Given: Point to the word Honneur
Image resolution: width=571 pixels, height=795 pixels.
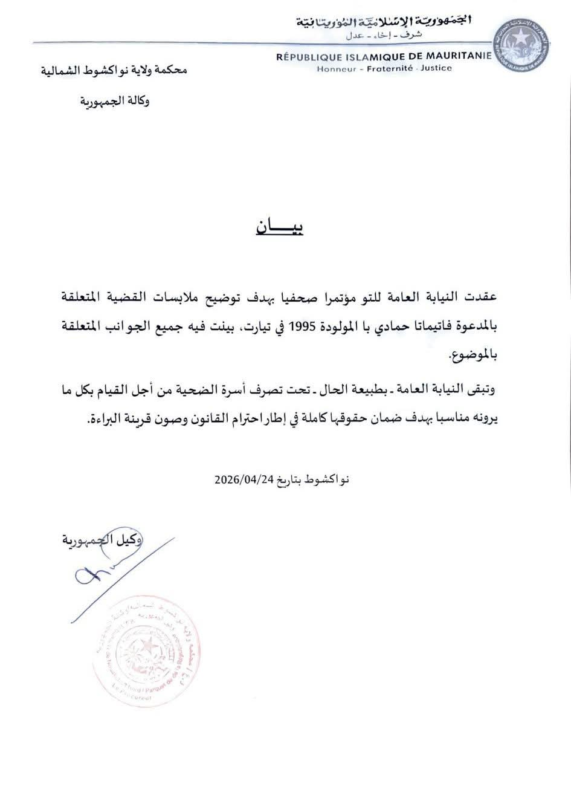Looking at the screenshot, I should pyautogui.click(x=336, y=68).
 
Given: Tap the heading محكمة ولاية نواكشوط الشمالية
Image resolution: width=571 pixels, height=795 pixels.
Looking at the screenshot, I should pyautogui.click(x=114, y=70).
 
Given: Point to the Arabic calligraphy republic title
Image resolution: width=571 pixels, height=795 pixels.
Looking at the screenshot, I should pyautogui.click(x=384, y=22).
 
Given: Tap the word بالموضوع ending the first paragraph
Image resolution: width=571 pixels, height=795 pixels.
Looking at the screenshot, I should pyautogui.click(x=474, y=356).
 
